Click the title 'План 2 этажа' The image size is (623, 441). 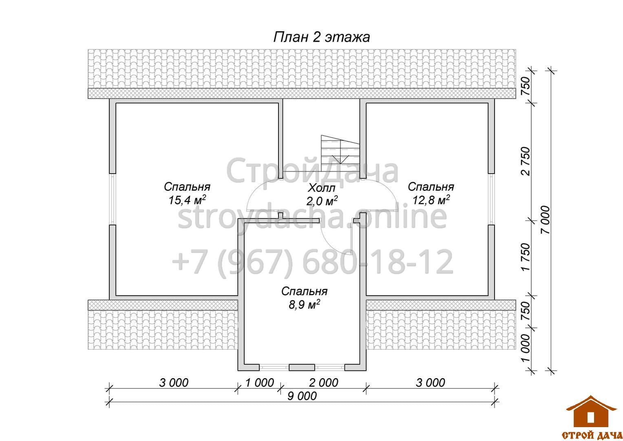click(x=322, y=37)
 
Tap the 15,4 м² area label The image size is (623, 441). click(x=187, y=200)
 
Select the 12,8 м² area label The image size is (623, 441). click(x=431, y=200)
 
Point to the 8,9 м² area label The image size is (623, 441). click(x=304, y=305)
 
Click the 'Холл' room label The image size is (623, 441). click(x=322, y=188)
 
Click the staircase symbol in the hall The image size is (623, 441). click(x=340, y=153)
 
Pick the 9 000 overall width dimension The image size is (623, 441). click(x=302, y=396)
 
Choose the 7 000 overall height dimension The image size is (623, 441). click(x=546, y=220)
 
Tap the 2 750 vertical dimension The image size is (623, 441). click(x=526, y=161)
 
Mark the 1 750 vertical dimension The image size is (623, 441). click(x=526, y=257)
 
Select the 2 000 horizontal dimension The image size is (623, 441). click(x=323, y=383)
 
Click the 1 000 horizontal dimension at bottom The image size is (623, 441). click(x=259, y=383)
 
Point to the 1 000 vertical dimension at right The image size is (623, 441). click(x=526, y=348)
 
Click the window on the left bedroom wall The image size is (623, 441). click(x=113, y=199)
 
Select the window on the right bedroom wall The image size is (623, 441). click(x=491, y=199)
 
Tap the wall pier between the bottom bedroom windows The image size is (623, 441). click(x=302, y=367)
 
